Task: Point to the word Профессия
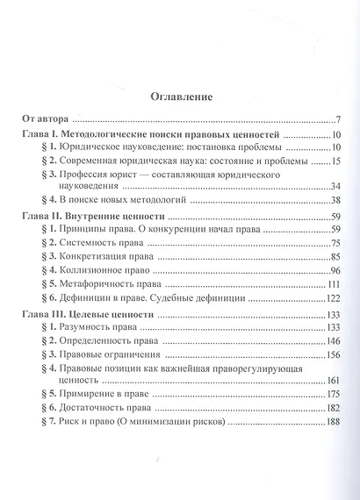(x=84, y=176)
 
